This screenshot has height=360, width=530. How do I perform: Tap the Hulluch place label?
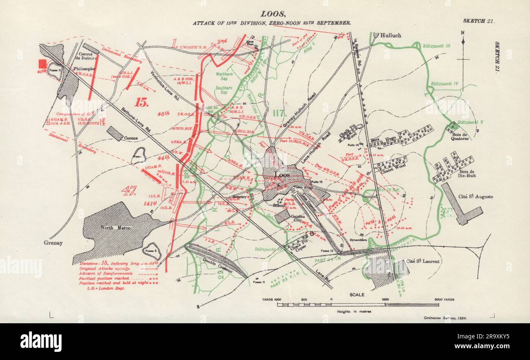coord(391,35)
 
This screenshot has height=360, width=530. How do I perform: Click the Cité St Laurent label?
coord(423,261)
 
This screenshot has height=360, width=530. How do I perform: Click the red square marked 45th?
coord(42,64)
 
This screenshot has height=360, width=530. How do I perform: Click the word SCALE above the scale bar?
coord(357,294)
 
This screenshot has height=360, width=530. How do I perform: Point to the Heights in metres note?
coord(354,311)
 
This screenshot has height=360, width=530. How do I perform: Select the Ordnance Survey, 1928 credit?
coord(442,318)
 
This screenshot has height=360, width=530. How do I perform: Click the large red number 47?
coord(128,190)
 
